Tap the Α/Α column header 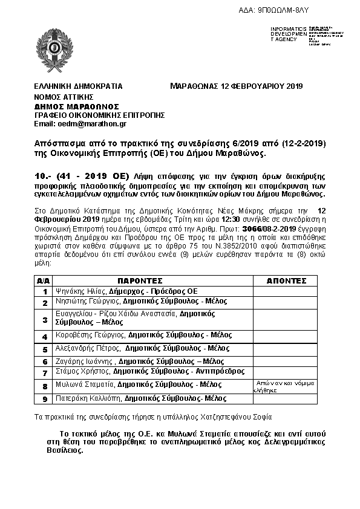44,281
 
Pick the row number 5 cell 44,349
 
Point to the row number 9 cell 44,399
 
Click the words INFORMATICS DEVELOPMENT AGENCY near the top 289,34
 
